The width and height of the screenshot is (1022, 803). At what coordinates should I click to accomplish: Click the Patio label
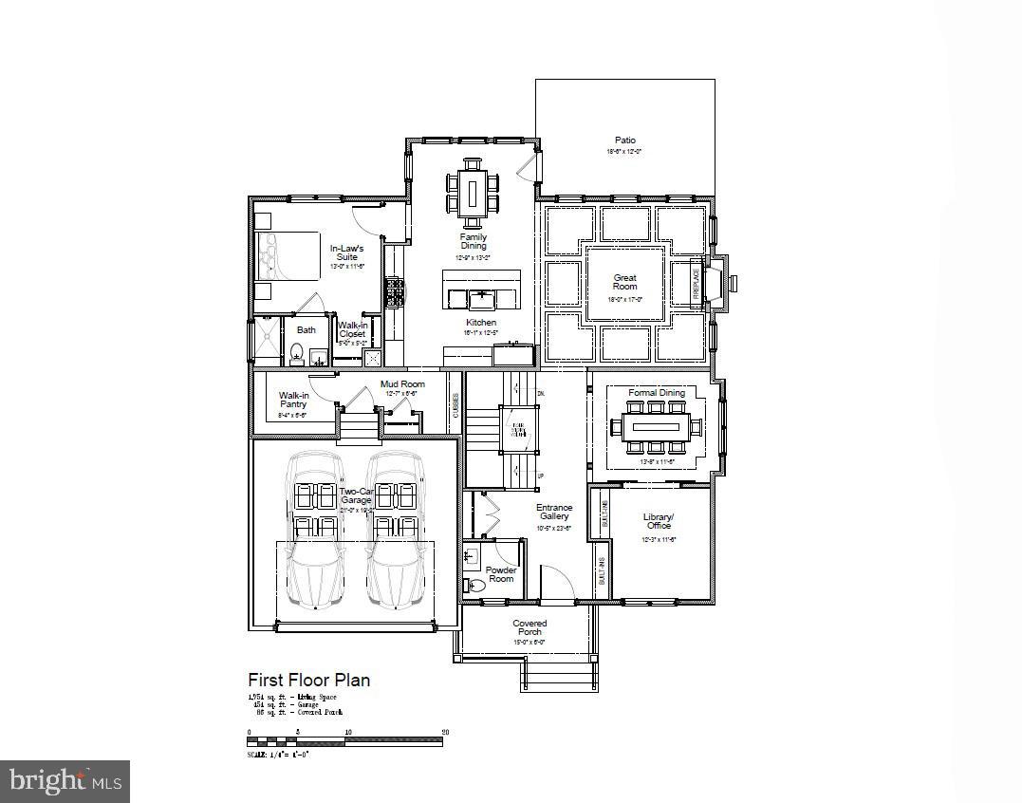tap(624, 140)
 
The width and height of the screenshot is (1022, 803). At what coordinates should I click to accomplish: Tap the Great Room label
tap(624, 283)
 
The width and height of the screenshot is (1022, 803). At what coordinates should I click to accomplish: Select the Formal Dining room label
tap(656, 393)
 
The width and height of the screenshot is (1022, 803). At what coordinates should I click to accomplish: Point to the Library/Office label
tap(657, 521)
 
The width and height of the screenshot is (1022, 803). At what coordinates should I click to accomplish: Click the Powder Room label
tap(501, 574)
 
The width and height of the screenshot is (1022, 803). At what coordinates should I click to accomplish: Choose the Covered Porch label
tap(530, 627)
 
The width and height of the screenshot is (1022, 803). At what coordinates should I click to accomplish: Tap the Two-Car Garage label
tap(356, 495)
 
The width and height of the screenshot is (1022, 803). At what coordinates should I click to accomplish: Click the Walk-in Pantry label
tap(293, 400)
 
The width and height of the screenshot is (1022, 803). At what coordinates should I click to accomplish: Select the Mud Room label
tap(402, 384)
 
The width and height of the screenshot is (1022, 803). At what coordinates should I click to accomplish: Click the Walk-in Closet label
tap(352, 329)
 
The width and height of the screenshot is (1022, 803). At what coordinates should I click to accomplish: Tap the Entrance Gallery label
tap(554, 513)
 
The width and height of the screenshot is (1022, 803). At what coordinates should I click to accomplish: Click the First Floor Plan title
tap(308, 680)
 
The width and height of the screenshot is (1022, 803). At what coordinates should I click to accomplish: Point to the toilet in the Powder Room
tap(475, 587)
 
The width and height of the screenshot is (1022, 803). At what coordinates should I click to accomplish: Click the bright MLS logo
tap(65, 780)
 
